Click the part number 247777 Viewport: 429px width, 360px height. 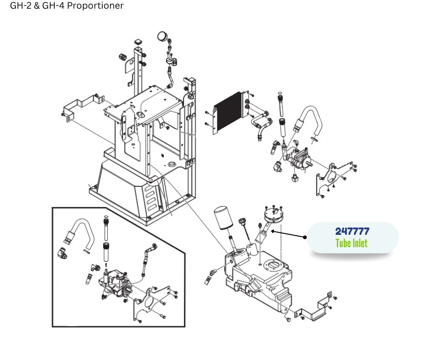(x=352, y=231)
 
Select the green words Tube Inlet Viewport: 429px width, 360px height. (x=351, y=243)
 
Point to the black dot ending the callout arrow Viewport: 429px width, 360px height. (x=305, y=237)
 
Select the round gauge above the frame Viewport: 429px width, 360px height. (x=162, y=36)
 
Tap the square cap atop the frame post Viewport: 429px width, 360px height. (x=138, y=43)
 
